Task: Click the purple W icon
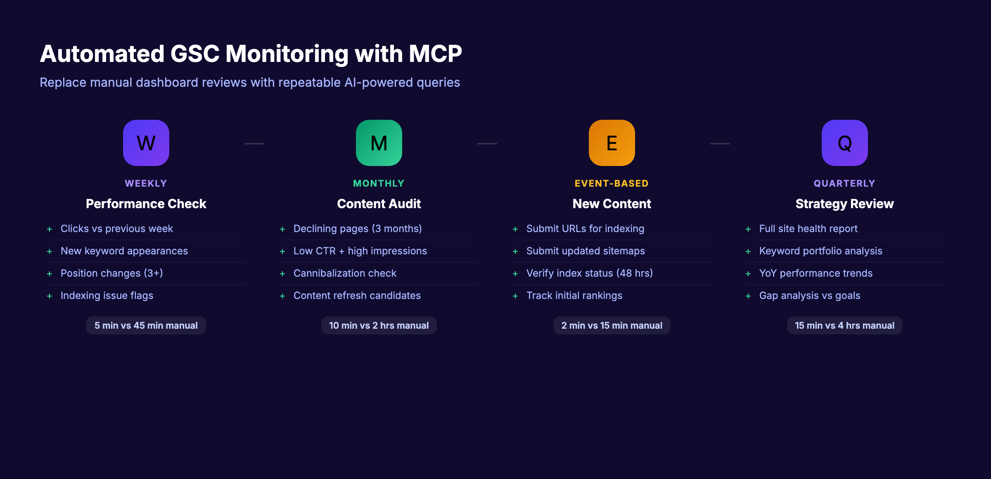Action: click(x=146, y=143)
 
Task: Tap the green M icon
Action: click(x=379, y=143)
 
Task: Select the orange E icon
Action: click(x=612, y=143)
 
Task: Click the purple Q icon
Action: click(x=844, y=143)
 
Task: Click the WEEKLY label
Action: click(x=146, y=183)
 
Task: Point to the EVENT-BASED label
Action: click(x=612, y=183)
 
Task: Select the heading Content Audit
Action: click(x=379, y=204)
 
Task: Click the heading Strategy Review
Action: click(x=844, y=204)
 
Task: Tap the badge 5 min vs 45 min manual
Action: click(x=146, y=325)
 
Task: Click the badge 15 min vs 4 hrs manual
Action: click(x=844, y=325)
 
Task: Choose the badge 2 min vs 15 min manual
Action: click(x=612, y=325)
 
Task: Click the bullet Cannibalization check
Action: click(x=345, y=273)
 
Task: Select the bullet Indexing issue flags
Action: click(x=107, y=296)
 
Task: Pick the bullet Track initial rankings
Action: click(x=574, y=296)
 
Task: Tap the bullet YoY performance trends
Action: click(x=816, y=273)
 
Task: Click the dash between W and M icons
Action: click(x=254, y=143)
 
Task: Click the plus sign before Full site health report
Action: click(x=748, y=229)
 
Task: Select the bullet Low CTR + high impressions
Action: click(x=360, y=251)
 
